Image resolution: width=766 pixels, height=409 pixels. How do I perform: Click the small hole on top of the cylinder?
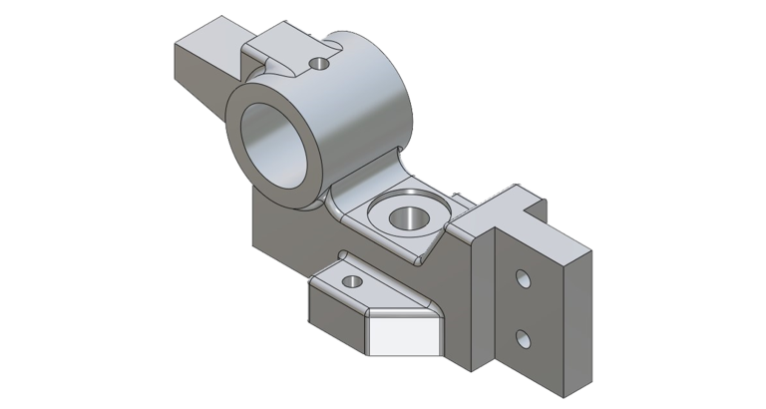pyautogui.click(x=319, y=64)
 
